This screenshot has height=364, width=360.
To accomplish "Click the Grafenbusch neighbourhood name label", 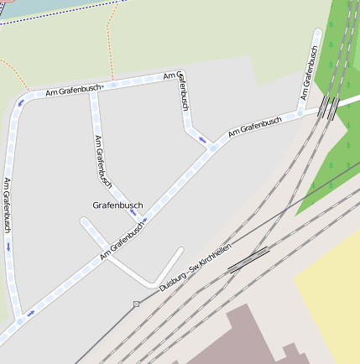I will pyautogui.click(x=117, y=205).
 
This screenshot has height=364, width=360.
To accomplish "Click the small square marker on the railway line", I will pyautogui.click(x=136, y=304).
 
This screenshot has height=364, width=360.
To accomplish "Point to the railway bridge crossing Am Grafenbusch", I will pyautogui.click(x=329, y=107).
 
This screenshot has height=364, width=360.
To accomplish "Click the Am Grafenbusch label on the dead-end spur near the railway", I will pyautogui.click(x=309, y=73).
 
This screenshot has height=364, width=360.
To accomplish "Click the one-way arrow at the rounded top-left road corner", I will pyautogui.click(x=21, y=103).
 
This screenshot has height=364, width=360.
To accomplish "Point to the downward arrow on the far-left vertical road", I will pyautogui.click(x=9, y=247).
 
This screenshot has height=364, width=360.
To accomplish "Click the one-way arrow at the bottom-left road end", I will pyautogui.click(x=30, y=315).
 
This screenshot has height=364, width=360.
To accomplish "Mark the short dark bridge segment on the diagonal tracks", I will pyautogui.click(x=248, y=259).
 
